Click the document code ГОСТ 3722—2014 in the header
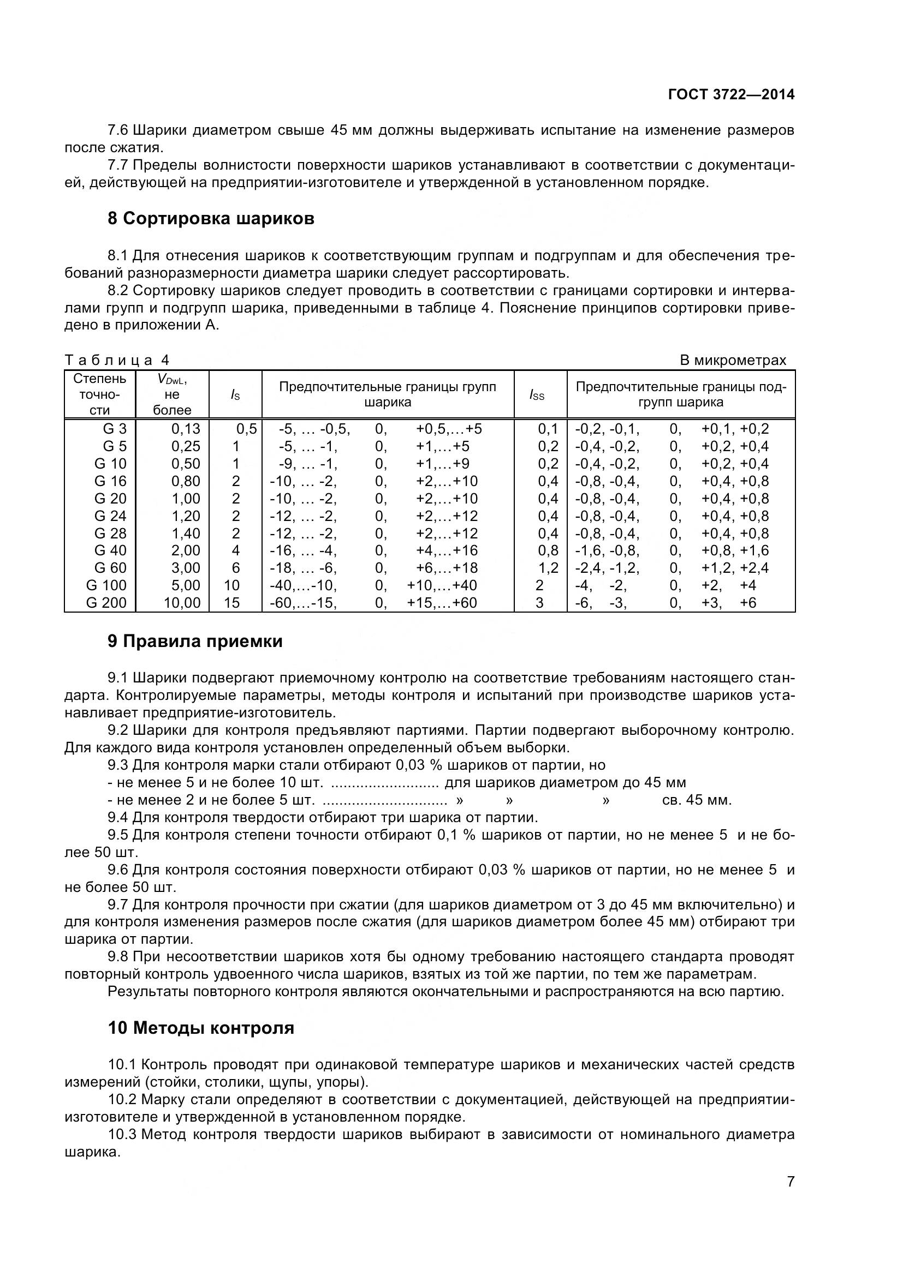click(730, 94)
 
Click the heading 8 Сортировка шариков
click(211, 218)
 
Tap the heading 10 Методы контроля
click(201, 1028)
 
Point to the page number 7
click(791, 1196)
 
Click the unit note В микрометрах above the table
click(733, 360)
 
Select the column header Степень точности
click(100, 394)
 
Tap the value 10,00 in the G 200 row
click(182, 602)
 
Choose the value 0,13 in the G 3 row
click(186, 428)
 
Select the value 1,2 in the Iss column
click(548, 567)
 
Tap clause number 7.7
click(118, 165)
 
